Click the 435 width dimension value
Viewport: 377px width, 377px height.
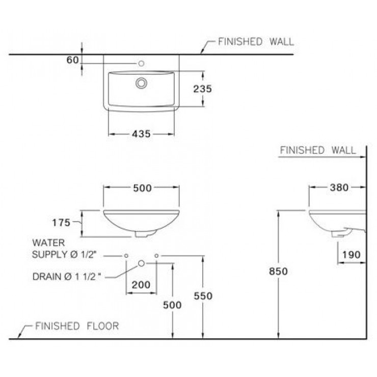click(142, 134)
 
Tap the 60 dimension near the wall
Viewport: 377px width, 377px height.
click(72, 60)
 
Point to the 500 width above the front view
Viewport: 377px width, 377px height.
click(142, 188)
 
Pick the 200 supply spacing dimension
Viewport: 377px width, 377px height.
click(141, 284)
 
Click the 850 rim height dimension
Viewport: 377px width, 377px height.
click(278, 272)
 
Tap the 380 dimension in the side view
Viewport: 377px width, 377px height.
click(338, 187)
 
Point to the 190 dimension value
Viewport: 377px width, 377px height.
click(351, 254)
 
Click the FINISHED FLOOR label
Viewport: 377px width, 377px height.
click(76, 326)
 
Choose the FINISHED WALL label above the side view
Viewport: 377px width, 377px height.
click(318, 150)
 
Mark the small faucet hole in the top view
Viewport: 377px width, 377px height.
click(142, 64)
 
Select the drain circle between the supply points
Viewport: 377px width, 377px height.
click(142, 263)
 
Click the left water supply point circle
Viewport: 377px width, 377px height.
click(126, 255)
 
